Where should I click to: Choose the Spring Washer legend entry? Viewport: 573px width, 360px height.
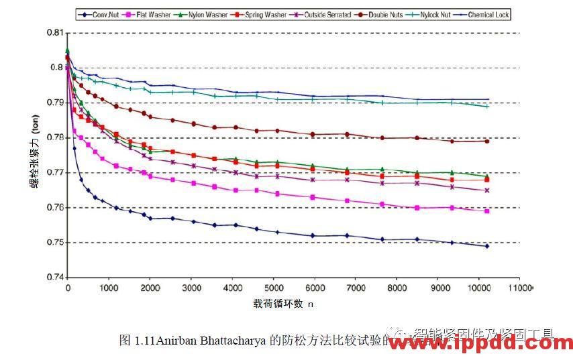tap(244, 14)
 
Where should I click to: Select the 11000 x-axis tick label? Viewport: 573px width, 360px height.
tap(521, 288)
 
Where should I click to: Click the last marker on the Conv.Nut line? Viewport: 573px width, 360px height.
tap(487, 246)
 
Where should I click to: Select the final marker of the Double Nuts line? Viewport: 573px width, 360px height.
tap(487, 141)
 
